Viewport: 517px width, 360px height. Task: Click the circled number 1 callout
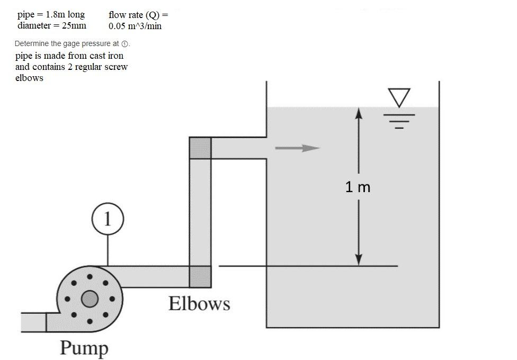pyautogui.click(x=108, y=219)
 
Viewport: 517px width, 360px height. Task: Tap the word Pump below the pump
pyautogui.click(x=84, y=348)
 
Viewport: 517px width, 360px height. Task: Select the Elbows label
pyautogui.click(x=199, y=304)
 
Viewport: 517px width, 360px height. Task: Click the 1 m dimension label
pyautogui.click(x=358, y=187)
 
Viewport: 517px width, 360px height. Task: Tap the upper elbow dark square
pyautogui.click(x=200, y=148)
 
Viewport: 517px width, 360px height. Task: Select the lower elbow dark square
pyautogui.click(x=200, y=276)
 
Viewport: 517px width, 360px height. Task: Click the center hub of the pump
pyautogui.click(x=90, y=299)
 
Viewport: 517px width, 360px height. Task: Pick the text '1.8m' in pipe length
pyautogui.click(x=56, y=14)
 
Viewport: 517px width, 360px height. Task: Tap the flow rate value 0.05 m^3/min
pyautogui.click(x=135, y=26)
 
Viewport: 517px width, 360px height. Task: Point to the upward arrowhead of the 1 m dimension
pyautogui.click(x=359, y=113)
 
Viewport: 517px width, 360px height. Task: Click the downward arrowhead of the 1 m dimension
pyautogui.click(x=359, y=259)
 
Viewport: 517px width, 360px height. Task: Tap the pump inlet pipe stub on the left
pyautogui.click(x=33, y=322)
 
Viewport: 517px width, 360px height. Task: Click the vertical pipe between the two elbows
pyautogui.click(x=200, y=212)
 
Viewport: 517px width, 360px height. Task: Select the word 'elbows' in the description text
pyautogui.click(x=29, y=78)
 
